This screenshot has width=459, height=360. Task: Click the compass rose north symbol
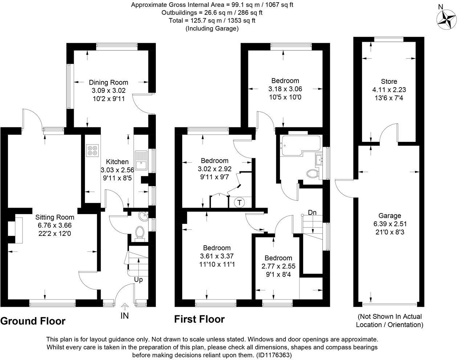pyautogui.click(x=446, y=18)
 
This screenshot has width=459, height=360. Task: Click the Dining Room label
pyautogui.click(x=108, y=82)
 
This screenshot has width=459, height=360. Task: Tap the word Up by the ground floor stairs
pyautogui.click(x=138, y=280)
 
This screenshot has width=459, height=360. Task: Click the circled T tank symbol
pyautogui.click(x=240, y=202)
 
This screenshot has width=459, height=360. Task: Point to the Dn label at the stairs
pyautogui.click(x=312, y=212)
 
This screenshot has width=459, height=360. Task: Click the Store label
pyautogui.click(x=389, y=82)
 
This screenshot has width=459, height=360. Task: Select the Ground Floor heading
pyautogui.click(x=33, y=321)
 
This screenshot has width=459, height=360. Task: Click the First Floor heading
pyautogui.click(x=199, y=319)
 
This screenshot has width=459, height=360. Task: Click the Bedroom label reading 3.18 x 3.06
pyautogui.click(x=285, y=81)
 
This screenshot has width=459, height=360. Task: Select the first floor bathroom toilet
pyautogui.click(x=312, y=174)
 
